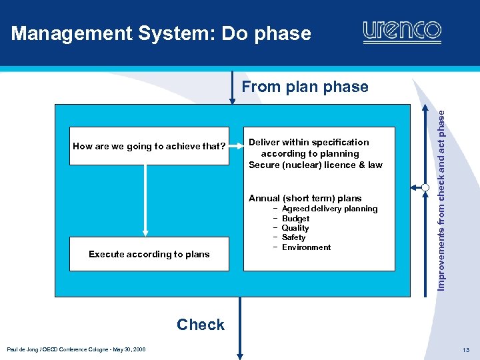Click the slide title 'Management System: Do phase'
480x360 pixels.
coord(161,33)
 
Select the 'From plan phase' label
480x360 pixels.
coord(305,87)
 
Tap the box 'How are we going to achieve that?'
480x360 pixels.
coord(149,146)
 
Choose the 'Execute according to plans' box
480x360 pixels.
coord(149,254)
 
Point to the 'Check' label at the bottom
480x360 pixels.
coord(201,325)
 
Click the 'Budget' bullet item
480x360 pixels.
coord(295,219)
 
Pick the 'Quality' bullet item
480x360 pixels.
coord(295,228)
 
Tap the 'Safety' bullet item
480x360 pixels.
coord(293,237)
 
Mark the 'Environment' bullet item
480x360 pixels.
coord(306,247)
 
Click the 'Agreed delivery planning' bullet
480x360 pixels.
coord(329,209)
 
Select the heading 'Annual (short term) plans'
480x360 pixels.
coord(305,198)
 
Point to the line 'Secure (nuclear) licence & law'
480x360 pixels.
coord(315,165)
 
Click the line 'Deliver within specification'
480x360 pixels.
coord(309,142)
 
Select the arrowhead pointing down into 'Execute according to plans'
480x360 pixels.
coord(145,233)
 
